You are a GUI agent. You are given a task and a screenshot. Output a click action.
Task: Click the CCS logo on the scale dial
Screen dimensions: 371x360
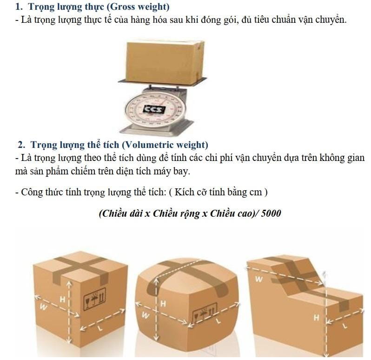[x=154, y=109]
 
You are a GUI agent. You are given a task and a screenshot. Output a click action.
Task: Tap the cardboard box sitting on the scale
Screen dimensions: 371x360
[x=165, y=63]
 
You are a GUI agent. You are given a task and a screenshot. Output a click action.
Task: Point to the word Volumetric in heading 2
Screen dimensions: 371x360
[x=149, y=145]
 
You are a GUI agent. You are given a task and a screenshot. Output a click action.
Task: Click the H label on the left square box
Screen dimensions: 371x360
[x=62, y=300]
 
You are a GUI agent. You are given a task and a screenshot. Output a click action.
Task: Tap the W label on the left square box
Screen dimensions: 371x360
[x=43, y=307]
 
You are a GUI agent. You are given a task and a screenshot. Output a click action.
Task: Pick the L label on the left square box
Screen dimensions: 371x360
[x=100, y=328]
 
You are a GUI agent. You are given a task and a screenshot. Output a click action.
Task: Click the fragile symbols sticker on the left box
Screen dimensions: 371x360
[x=95, y=299]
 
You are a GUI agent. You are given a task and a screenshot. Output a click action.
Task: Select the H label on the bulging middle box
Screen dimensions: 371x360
[x=163, y=303]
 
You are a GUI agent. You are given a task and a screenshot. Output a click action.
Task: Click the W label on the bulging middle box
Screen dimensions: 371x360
[x=146, y=315]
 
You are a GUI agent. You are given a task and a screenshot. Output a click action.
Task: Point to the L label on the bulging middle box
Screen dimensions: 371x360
[x=219, y=321]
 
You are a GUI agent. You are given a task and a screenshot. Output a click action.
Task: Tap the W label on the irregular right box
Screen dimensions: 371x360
[x=259, y=279]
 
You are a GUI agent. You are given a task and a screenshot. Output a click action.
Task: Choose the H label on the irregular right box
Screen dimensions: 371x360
[x=317, y=317]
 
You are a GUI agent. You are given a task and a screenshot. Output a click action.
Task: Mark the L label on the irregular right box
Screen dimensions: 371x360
[x=345, y=326]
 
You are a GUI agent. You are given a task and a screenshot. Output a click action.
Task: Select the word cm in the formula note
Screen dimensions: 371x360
[x=256, y=192]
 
